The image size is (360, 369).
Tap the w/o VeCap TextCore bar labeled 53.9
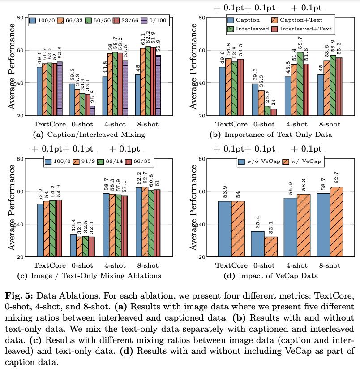[x=224, y=229]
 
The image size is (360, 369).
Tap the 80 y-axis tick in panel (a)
[x=21, y=17]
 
